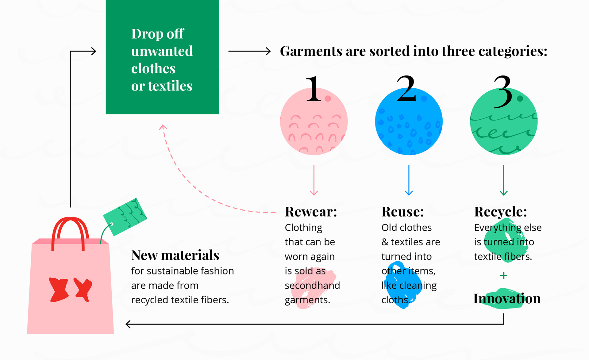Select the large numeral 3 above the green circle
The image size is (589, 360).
point(503,91)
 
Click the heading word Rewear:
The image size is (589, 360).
point(311,212)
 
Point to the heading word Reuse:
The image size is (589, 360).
point(402,212)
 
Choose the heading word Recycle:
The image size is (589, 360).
point(500,212)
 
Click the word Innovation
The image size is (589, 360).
point(507,299)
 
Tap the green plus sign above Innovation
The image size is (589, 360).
point(503,275)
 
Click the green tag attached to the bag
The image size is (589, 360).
point(125,216)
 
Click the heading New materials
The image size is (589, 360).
point(175,255)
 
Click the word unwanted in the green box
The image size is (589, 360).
point(162,51)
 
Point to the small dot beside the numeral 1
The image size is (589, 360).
point(328,98)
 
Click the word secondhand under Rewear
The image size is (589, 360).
point(312,285)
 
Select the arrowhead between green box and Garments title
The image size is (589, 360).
point(268,51)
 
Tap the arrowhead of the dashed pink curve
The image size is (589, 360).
point(163,127)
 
